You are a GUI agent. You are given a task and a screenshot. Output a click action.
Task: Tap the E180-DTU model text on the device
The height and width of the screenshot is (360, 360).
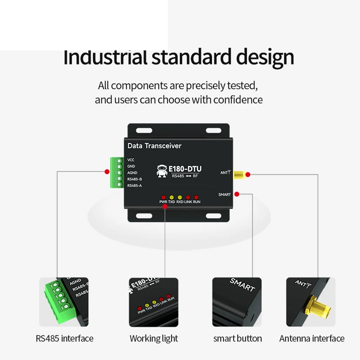tap(184, 169)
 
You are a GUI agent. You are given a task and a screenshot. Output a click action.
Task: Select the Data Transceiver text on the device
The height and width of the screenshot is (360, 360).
tap(154, 146)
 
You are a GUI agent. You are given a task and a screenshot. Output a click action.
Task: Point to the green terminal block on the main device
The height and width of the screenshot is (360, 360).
tap(117, 172)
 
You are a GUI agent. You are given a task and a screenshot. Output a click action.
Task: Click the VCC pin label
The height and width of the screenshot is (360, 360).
tap(131, 160)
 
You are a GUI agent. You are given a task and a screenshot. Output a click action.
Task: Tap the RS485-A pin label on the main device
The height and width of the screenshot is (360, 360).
tap(135, 185)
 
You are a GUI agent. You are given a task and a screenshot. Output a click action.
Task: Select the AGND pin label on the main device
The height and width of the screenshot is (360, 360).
tap(132, 173)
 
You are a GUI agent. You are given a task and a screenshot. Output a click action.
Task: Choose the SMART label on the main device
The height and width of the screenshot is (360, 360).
tap(225, 194)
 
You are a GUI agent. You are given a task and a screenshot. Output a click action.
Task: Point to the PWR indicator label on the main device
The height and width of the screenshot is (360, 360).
tap(163, 202)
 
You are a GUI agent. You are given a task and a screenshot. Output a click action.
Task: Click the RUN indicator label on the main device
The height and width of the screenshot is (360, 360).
tap(197, 202)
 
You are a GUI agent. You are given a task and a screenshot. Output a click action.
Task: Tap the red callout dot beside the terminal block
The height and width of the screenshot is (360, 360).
tap(107, 171)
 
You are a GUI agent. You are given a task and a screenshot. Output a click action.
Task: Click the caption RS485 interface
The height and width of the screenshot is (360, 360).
tap(64, 338)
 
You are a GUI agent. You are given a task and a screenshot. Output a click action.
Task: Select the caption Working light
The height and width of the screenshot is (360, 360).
tap(153, 338)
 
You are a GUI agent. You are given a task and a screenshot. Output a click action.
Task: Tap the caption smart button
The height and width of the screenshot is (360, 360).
tap(237, 338)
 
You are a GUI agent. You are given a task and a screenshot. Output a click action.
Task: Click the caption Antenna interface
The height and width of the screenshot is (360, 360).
tap(311, 338)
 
